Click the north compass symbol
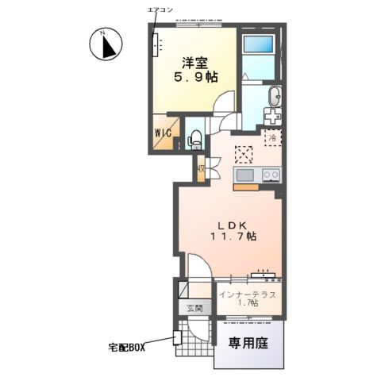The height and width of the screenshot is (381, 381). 106,44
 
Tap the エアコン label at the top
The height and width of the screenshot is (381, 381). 160,10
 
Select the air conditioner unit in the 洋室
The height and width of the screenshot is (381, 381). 155,44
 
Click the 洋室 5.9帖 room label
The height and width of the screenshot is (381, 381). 195,70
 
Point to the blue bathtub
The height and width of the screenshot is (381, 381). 258,44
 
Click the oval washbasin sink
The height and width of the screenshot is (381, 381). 275,97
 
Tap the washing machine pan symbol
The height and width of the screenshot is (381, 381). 272,117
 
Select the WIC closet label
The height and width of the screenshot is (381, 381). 164,133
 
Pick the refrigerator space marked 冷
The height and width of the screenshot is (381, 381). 273,137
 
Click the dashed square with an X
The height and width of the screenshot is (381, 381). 244,155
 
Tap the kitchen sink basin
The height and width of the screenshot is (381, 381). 245,175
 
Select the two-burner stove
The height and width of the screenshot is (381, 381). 271,175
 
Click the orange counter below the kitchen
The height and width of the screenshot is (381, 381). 246,187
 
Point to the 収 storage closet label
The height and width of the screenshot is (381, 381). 201,169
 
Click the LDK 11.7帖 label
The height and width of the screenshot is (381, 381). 233,231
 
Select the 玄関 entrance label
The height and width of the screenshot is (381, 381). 194,308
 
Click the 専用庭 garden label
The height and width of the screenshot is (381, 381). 248,343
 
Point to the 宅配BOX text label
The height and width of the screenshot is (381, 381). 127,348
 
